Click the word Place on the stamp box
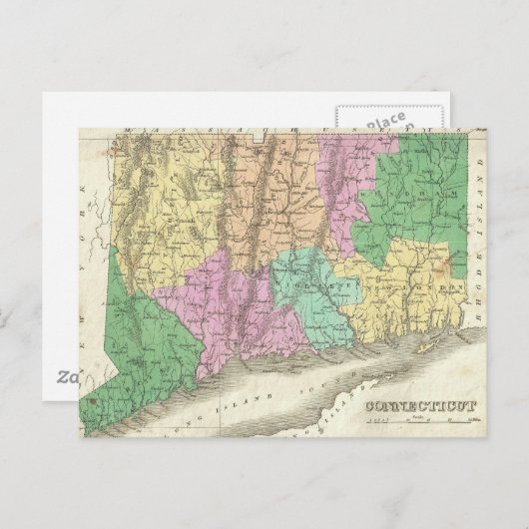[x=383, y=121]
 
